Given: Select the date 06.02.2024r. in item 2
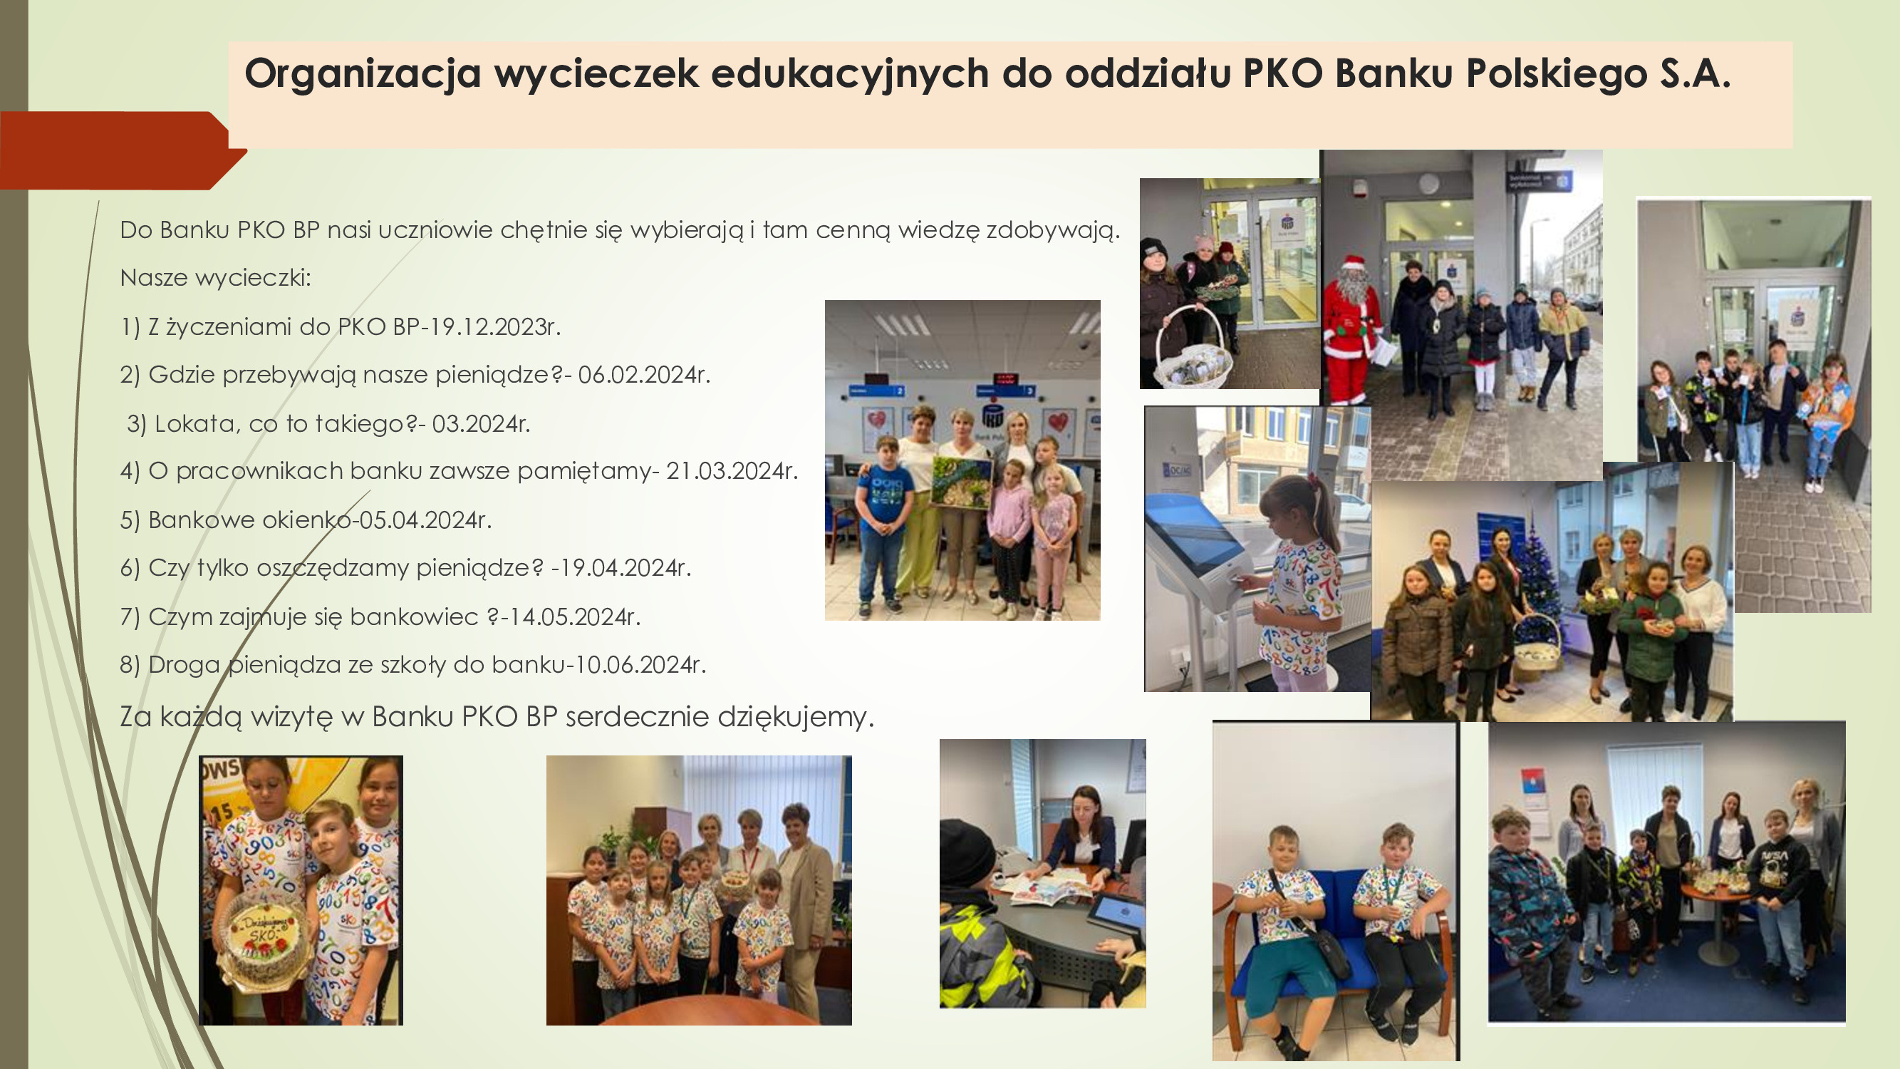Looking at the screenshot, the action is point(644,375).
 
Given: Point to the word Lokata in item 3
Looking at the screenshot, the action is point(197,423).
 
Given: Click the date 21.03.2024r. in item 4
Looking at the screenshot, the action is point(732,470).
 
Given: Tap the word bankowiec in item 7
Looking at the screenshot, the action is point(414,616).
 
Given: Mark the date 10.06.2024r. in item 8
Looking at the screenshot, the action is point(640,665).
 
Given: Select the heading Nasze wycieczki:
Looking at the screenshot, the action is point(215,278).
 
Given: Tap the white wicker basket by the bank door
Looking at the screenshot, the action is point(1193,354).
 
